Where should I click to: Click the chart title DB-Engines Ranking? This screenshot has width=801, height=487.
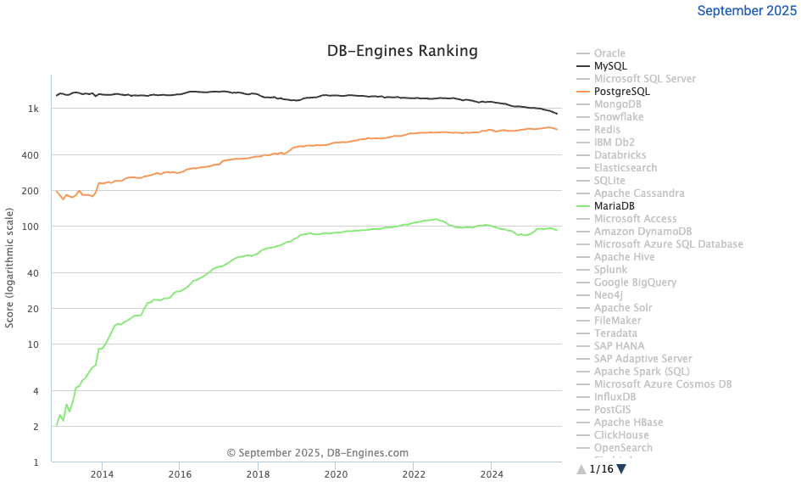point(402,51)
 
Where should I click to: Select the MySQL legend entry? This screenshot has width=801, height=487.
point(610,66)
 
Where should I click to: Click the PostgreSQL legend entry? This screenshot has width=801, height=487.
point(621,92)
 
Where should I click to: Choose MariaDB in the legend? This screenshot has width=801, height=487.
point(614,206)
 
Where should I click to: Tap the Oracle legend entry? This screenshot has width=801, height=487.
point(609,53)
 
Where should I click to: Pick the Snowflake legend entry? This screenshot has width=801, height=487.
point(618,117)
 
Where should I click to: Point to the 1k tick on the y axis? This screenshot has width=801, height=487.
point(34,109)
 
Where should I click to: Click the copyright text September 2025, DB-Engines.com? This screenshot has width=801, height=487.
point(318,453)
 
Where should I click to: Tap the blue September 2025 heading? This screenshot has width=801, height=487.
point(747,11)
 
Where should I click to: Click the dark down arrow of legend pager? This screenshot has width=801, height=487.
point(621,468)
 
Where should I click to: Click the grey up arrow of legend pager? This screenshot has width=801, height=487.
point(581,468)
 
